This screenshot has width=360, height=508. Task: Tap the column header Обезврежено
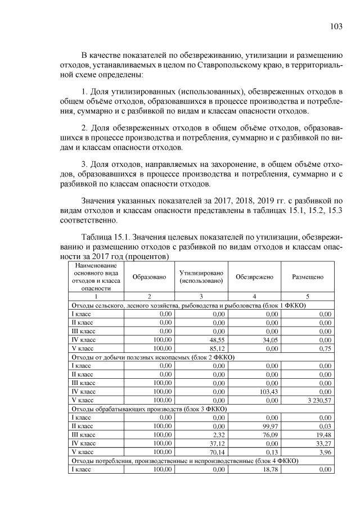(x=254, y=277)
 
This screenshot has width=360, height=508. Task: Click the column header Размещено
(x=307, y=277)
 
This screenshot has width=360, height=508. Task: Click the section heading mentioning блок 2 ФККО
(x=151, y=357)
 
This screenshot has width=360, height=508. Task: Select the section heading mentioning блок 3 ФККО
(x=152, y=409)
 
